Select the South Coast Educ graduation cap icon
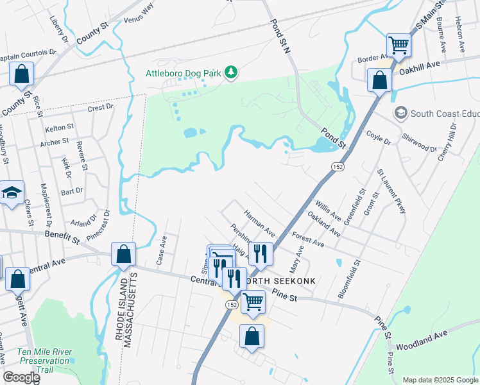click(401, 114)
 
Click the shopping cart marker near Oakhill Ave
click(399, 46)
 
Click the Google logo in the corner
click(21, 377)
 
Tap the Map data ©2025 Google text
click(440, 380)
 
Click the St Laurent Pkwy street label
click(392, 191)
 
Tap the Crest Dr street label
click(101, 108)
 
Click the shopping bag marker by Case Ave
click(123, 254)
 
